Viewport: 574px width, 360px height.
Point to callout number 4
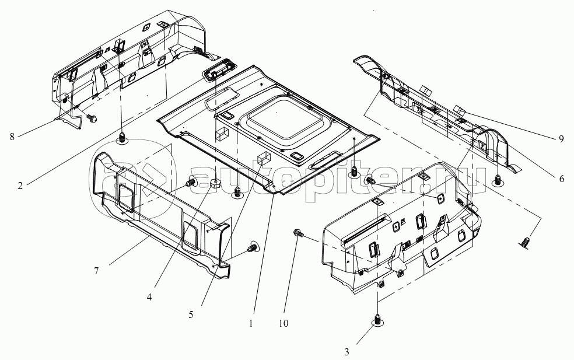[149, 296]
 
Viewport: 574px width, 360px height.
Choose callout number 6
[561, 179]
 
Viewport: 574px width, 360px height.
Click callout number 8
[12, 137]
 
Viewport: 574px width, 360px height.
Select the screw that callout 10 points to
[299, 233]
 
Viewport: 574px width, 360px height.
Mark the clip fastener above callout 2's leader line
[123, 139]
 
